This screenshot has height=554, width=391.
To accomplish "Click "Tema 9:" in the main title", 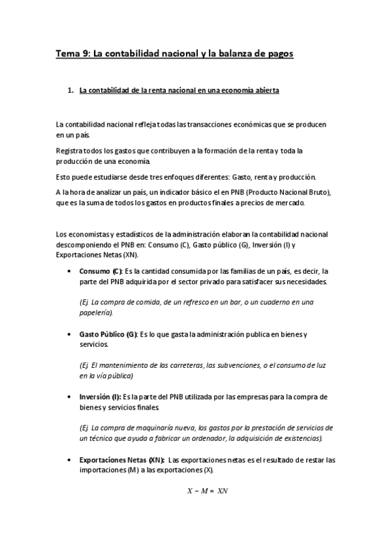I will coord(72,55).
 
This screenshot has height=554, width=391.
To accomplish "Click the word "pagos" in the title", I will coord(277,55).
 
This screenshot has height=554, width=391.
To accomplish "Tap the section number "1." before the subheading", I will coord(72,91).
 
